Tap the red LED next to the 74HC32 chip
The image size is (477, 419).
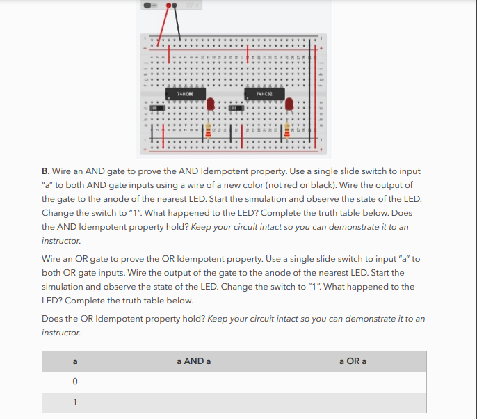tap(289, 104)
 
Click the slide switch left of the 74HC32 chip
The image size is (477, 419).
tap(236, 109)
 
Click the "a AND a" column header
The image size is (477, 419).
tap(194, 361)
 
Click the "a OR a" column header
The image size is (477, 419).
tap(353, 361)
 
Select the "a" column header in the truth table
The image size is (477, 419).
tap(74, 361)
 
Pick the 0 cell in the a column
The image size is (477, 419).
tap(74, 382)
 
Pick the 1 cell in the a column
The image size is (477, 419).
tap(74, 402)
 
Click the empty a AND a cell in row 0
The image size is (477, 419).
tap(194, 382)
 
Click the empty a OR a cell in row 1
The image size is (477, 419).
tap(353, 402)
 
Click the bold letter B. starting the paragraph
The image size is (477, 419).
tap(46, 171)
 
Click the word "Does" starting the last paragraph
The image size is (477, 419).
tap(52, 319)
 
